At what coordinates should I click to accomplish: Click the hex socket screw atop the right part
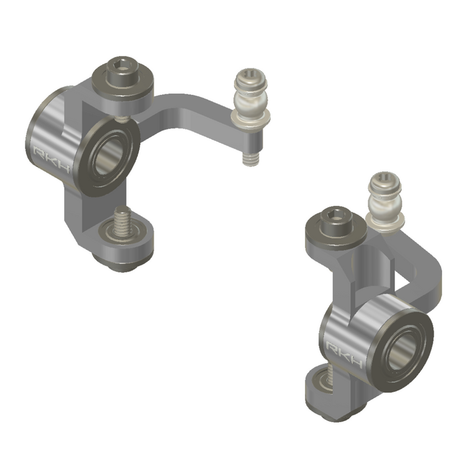(334, 220)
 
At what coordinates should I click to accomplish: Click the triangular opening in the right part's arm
(405, 281)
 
